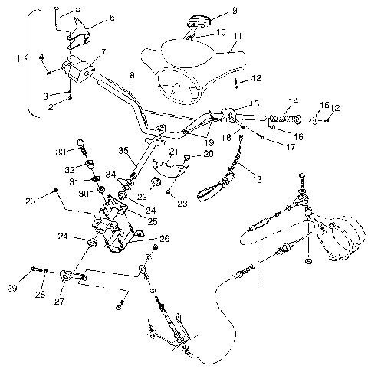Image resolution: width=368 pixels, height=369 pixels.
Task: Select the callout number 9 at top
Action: [213, 12]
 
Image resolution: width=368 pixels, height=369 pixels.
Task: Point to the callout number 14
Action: [293, 102]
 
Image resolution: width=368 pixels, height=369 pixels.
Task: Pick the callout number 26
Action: [163, 237]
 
